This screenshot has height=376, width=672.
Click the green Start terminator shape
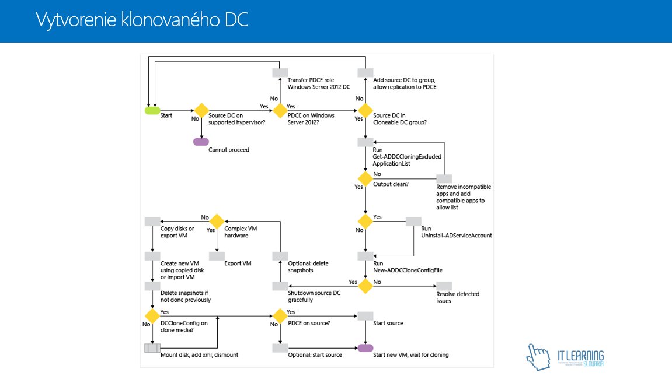[x=152, y=111]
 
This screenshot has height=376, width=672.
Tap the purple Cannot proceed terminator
[x=201, y=142]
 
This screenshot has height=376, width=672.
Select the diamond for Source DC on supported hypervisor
[x=201, y=111]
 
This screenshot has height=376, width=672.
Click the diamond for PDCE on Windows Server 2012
[x=280, y=111]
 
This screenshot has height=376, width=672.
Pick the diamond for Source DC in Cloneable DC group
[x=365, y=111]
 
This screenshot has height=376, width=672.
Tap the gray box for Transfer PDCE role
[x=280, y=72]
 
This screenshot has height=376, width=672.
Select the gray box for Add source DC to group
[x=365, y=72]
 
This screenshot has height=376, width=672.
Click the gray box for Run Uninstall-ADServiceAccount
[x=413, y=222]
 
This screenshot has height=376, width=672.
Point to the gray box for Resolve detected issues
[x=444, y=286]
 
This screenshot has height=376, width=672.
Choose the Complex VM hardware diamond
[x=217, y=222]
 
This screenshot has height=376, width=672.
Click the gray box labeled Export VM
[x=217, y=256]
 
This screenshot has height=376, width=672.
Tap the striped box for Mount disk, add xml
[x=152, y=348]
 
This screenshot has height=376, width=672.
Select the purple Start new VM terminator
[x=365, y=348]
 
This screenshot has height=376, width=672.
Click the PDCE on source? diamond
[x=280, y=316]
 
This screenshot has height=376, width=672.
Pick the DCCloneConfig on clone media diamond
[x=152, y=316]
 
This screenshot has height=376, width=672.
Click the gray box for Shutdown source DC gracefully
[x=280, y=286]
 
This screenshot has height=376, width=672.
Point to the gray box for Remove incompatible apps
[x=444, y=178]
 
